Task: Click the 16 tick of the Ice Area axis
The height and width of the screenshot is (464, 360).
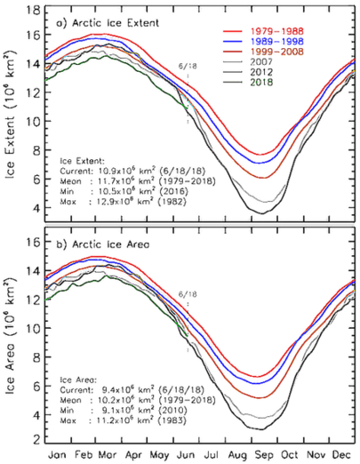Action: click(31, 241)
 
